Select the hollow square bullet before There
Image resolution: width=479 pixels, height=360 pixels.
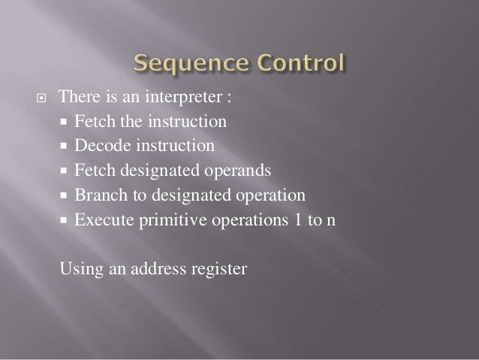[x=41, y=98]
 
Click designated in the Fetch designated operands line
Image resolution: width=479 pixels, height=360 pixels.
[x=153, y=171]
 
